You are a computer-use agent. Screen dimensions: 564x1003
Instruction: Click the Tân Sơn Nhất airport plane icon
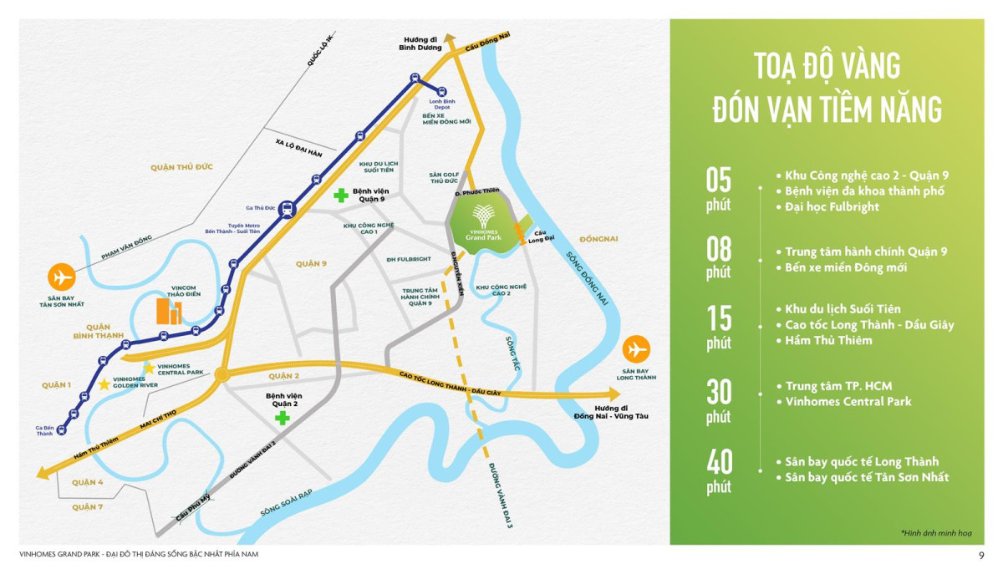(x=61, y=276)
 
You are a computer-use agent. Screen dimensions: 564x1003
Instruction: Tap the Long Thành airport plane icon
(x=636, y=348)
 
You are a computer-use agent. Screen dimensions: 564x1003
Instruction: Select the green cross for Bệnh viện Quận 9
(x=341, y=196)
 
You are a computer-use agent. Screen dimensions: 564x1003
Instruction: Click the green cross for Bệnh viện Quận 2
(x=283, y=416)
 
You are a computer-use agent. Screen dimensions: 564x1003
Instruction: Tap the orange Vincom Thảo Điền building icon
(x=170, y=312)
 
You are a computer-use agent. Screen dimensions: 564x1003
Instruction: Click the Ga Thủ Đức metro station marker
(x=287, y=209)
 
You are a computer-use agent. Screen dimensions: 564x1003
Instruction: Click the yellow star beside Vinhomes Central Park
(x=149, y=367)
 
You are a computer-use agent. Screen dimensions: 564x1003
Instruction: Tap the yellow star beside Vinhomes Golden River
(x=104, y=384)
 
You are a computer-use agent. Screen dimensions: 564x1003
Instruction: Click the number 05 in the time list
(x=719, y=180)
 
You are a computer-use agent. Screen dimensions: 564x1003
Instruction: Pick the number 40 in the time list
(x=719, y=462)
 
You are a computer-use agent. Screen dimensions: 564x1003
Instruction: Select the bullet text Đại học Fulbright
(x=832, y=206)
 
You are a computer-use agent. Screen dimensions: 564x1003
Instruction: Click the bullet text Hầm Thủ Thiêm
(x=828, y=340)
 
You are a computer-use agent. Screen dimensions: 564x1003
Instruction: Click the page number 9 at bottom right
(x=980, y=555)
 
